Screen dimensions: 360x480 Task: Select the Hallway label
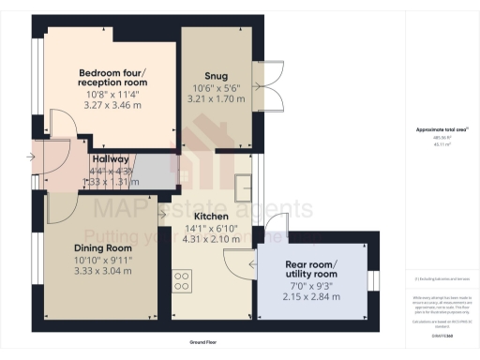click(x=110, y=160)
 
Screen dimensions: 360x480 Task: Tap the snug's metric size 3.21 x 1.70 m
click(x=216, y=98)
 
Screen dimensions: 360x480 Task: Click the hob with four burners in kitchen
click(x=182, y=279)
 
